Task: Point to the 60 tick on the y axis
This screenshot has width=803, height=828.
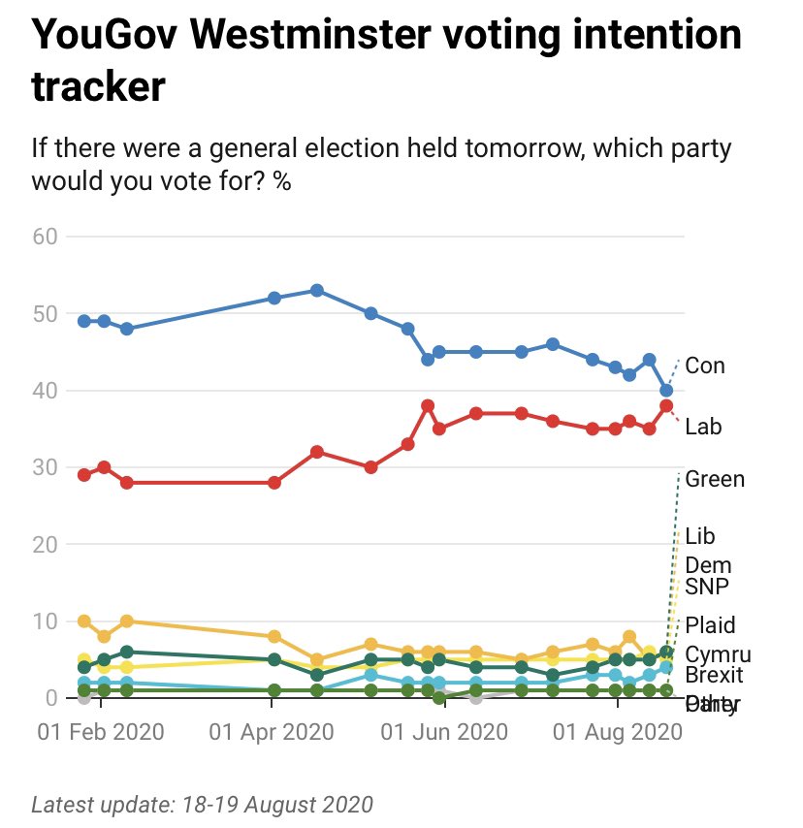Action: pos(47,237)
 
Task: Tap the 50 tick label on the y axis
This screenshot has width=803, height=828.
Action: pos(47,313)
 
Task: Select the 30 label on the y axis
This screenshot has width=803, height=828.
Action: pos(47,467)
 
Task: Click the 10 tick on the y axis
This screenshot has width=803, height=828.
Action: pos(47,621)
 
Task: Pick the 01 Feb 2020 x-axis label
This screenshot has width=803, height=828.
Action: pos(100,729)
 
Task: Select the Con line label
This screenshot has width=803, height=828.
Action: pos(705,366)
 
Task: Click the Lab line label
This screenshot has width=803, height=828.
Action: pos(703,427)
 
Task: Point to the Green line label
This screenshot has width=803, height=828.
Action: pos(715,479)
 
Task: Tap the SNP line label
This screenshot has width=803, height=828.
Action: pos(707,587)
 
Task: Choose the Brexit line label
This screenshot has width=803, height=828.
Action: pos(714,676)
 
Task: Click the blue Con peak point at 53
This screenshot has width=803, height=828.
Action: pos(316,291)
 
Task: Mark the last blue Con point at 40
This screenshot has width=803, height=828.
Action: pos(666,390)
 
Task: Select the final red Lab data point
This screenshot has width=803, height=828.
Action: pos(666,406)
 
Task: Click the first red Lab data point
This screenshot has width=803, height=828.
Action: pos(84,475)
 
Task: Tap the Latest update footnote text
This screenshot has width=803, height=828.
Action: pos(203,805)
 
